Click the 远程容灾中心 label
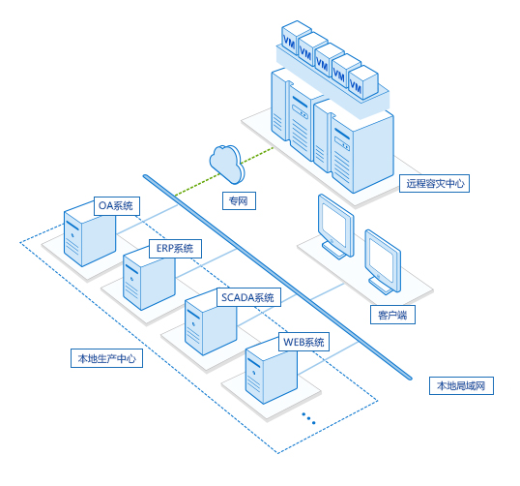coord(434,183)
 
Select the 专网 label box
coord(239,200)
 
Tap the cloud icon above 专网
coord(227,164)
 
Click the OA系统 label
coord(116,206)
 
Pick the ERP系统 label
coord(175,249)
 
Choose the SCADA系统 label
coord(248,297)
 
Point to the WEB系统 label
coord(303,342)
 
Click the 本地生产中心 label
coord(106,358)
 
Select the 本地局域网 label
coord(461,385)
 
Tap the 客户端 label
coord(392,315)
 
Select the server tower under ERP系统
coord(149,279)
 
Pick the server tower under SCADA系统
coord(211,324)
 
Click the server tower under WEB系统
coord(272,373)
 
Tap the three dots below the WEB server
coord(308,418)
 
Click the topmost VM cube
coord(296,37)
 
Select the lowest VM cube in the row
coord(363,82)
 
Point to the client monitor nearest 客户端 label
coord(384,262)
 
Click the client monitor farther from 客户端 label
coord(336,227)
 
